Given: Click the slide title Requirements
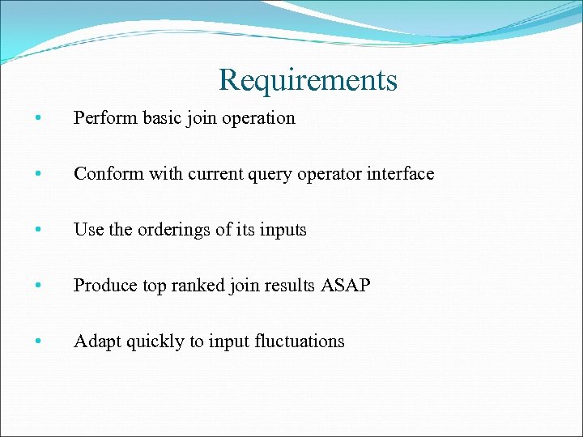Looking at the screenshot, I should [x=308, y=80].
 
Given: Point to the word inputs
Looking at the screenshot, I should [x=283, y=231].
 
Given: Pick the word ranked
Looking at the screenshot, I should [x=196, y=286].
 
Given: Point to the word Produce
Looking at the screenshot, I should [x=101, y=286].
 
